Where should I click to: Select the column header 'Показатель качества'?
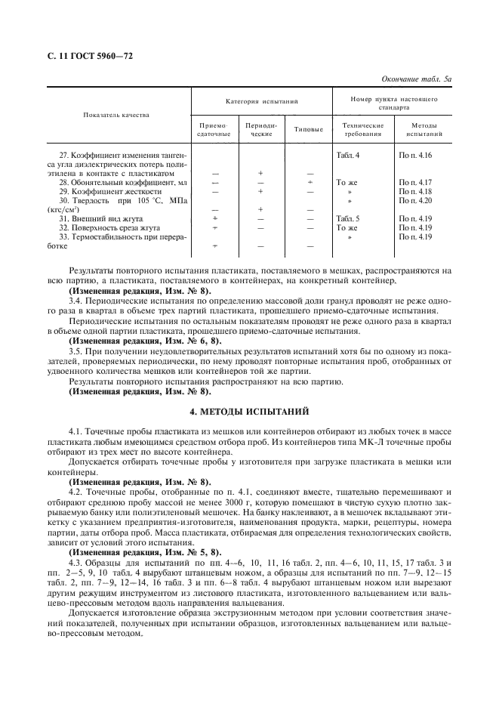pos(115,115)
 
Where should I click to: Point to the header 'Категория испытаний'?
pos(260,100)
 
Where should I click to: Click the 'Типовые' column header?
pos(309,130)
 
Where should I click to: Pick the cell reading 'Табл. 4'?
pos(348,155)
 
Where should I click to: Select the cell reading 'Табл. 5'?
pos(348,218)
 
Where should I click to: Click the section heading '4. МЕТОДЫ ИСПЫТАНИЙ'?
pos(249,412)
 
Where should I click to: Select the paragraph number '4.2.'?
pos(76,490)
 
